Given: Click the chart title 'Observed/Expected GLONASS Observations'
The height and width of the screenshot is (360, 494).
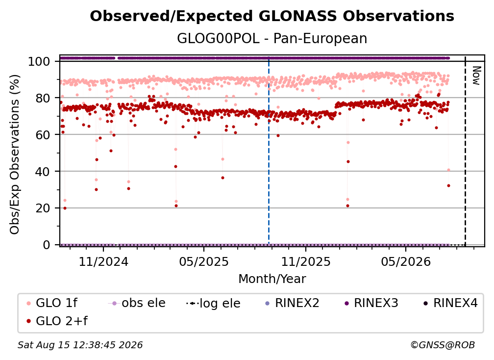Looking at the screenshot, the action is pos(272,16).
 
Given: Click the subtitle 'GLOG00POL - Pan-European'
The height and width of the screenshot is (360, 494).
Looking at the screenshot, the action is pos(272,38).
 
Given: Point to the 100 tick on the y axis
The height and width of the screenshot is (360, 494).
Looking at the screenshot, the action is pos(39,61).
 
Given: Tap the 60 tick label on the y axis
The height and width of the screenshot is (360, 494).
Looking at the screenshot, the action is pos(43,135).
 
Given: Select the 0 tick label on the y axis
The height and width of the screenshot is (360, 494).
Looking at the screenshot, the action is pos(47,245).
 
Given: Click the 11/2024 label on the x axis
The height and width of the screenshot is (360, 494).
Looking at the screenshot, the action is pos(103,261).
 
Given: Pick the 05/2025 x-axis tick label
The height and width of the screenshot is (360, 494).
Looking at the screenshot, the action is pos(204,261).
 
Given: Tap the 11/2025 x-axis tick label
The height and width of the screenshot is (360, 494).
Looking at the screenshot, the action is pos(306,261).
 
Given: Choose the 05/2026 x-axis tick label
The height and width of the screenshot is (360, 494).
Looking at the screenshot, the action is pos(406,261).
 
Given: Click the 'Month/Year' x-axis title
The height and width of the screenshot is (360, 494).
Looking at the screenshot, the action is pos(272,279).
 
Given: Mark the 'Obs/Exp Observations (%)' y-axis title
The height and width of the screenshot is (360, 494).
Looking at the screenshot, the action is pos(15,154).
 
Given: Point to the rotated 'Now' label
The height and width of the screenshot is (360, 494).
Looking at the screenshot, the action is pos(476,76).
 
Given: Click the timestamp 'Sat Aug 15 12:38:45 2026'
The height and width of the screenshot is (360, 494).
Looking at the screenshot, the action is pos(80,345).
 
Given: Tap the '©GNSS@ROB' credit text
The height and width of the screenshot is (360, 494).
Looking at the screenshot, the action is pos(443,345).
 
